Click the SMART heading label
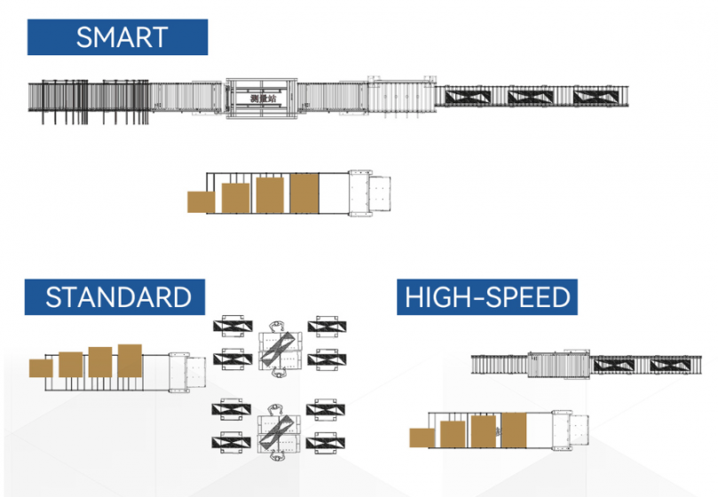117,37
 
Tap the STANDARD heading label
117,296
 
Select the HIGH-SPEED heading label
487,296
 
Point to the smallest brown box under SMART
201,202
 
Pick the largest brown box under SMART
304,193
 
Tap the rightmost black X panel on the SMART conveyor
594,96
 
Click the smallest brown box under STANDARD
42,367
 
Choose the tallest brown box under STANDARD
130,360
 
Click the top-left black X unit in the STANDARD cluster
233,326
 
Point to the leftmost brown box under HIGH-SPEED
422,438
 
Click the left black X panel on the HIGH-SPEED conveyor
613,364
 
